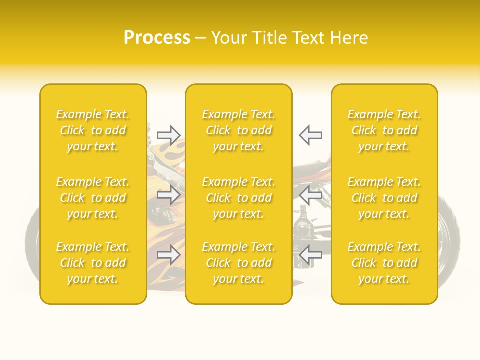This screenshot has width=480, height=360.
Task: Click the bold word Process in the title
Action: (157, 38)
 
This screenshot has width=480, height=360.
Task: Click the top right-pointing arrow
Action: (168, 135)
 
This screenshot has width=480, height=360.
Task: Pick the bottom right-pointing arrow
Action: (168, 255)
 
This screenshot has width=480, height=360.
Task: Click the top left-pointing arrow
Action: (310, 135)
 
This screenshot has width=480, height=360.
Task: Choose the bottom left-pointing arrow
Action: (310, 255)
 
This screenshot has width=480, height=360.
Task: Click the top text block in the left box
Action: (93, 130)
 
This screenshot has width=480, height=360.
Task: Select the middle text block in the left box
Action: (93, 198)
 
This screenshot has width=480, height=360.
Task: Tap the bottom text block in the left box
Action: (93, 263)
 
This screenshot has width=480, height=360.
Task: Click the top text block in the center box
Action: (239, 130)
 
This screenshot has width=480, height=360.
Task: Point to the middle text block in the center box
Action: (239, 198)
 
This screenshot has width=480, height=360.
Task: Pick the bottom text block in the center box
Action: (239, 263)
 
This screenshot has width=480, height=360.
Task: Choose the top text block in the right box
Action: (384, 130)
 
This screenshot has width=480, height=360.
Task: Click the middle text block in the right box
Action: (384, 198)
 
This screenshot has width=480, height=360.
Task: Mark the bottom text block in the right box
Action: (384, 263)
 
